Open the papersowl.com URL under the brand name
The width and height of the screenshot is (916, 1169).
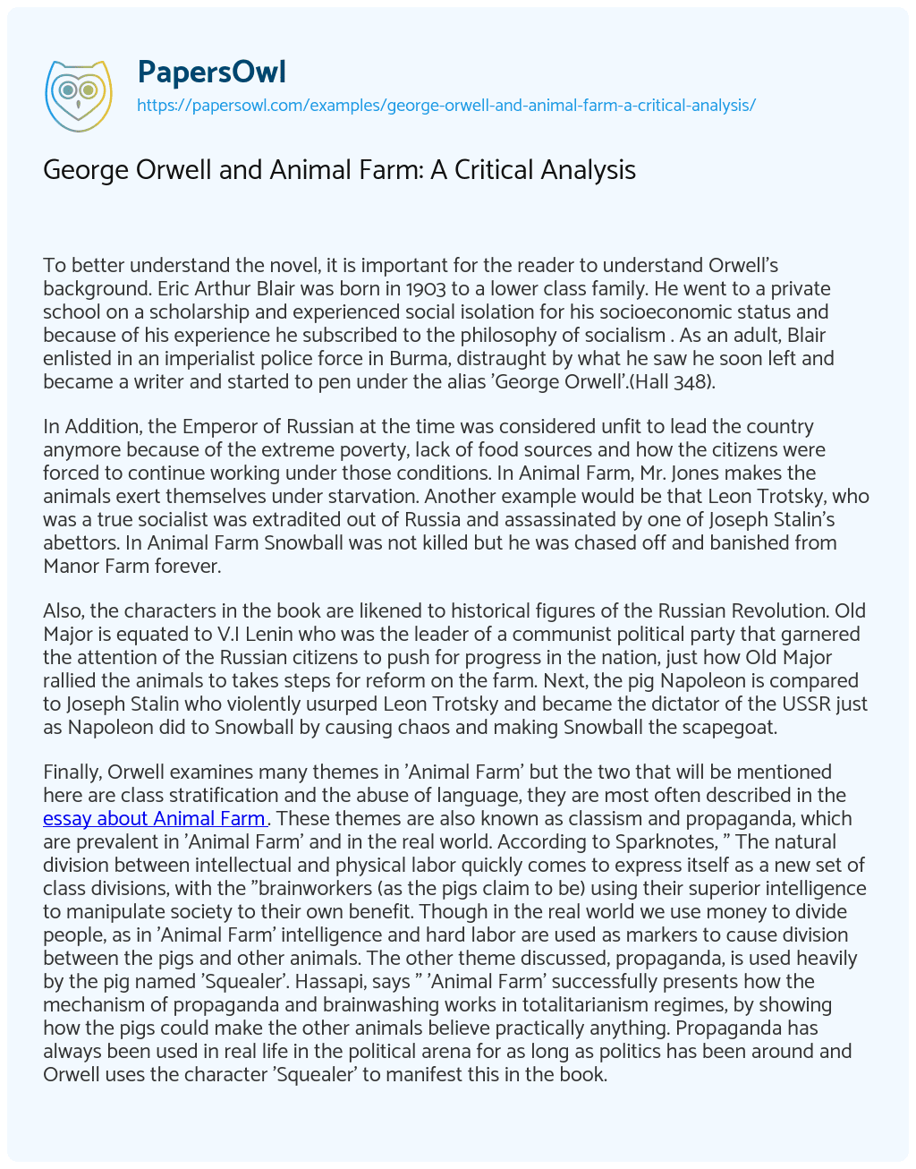point(445,105)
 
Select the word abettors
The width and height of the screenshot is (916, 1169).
point(81,542)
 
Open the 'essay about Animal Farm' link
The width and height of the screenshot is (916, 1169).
point(154,818)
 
